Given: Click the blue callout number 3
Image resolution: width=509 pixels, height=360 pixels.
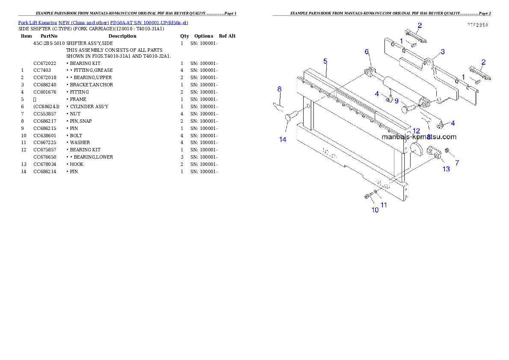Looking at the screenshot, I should click(443, 52).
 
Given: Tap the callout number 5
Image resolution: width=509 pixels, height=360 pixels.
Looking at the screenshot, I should click(325, 61).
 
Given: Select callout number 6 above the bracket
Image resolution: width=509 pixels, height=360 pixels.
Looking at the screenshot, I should click(367, 52).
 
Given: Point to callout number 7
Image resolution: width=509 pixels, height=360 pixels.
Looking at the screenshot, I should click(457, 163).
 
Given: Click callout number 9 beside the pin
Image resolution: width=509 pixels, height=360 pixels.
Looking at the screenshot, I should click(397, 101).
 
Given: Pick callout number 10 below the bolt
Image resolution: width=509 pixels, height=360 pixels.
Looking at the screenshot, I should click(375, 210).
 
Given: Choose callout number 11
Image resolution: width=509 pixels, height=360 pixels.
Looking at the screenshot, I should click(384, 205).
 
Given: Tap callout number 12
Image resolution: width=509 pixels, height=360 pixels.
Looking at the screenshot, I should click(416, 131).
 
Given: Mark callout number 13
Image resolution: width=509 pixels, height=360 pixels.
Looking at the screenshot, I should click(446, 169).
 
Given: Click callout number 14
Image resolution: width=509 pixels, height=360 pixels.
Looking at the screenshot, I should click(283, 139).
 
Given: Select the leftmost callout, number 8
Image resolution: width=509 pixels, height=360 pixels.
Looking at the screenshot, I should click(279, 89).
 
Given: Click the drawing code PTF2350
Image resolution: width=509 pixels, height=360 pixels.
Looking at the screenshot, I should click(477, 25).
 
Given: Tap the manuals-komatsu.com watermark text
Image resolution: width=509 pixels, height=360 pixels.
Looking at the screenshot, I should click(419, 137).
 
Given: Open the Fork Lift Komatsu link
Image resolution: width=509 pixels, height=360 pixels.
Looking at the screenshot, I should click(103, 23).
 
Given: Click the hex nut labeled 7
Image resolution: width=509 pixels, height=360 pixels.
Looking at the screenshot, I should click(447, 150).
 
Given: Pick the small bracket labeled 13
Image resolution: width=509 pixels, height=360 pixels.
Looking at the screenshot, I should click(434, 152).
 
